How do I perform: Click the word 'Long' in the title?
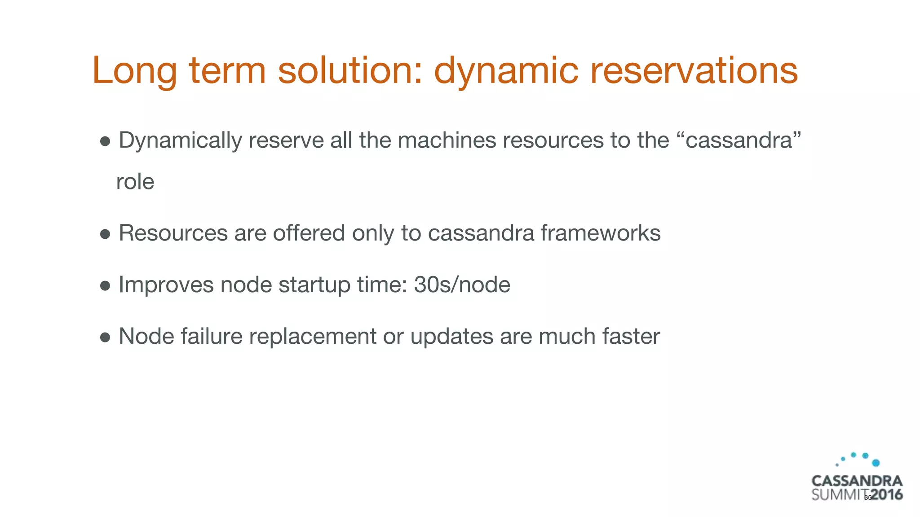(x=134, y=71)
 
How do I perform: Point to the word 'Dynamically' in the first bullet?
(x=180, y=140)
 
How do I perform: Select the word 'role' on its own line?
(x=135, y=182)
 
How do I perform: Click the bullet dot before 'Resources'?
(x=105, y=234)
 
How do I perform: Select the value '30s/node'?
(x=462, y=285)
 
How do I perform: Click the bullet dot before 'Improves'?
(x=105, y=285)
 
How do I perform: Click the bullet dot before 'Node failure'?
(x=105, y=337)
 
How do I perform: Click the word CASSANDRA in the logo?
(x=857, y=481)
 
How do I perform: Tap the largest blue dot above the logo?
(x=876, y=463)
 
